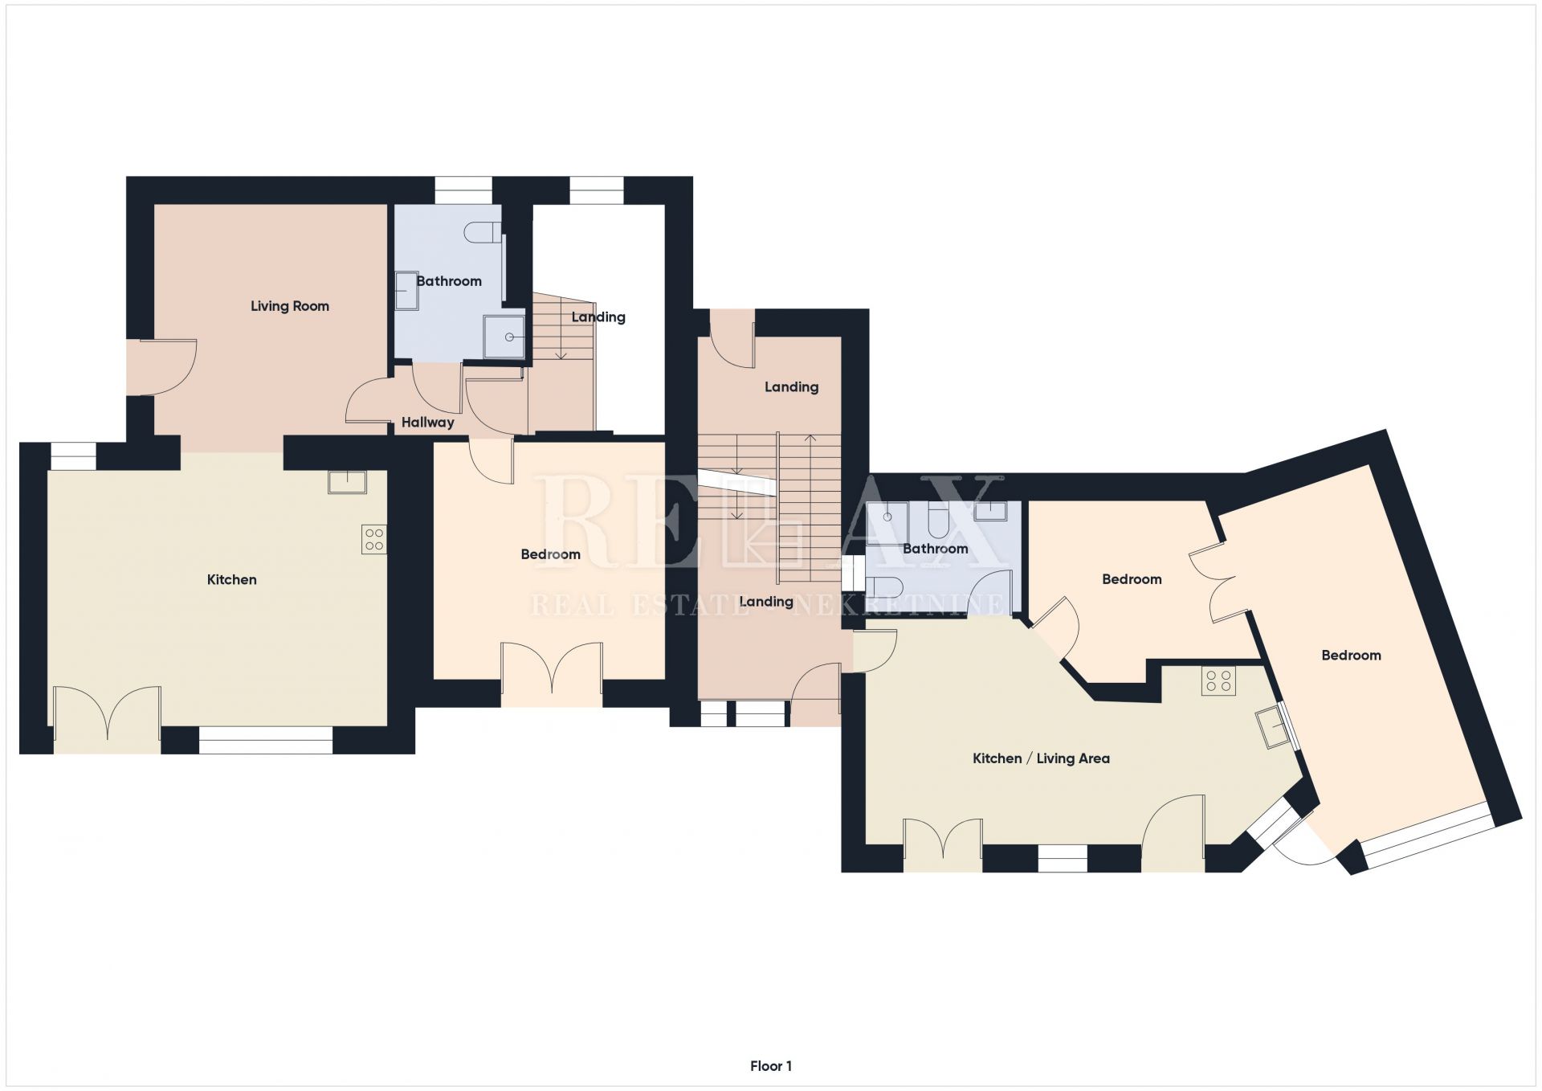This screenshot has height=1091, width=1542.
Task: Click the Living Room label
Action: click(x=290, y=306)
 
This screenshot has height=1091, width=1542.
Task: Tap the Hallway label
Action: click(x=427, y=423)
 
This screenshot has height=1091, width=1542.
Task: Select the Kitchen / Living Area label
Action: click(x=1041, y=758)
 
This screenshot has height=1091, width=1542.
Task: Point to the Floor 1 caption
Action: click(x=771, y=1066)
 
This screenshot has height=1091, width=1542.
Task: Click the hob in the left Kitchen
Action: click(x=374, y=539)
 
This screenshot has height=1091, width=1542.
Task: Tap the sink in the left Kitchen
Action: click(x=347, y=482)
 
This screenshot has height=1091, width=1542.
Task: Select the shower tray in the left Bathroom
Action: click(x=504, y=337)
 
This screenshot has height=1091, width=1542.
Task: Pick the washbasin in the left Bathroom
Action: click(x=406, y=290)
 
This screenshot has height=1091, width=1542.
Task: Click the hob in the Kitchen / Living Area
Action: click(x=1218, y=681)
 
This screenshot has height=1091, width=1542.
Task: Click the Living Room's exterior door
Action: click(x=161, y=367)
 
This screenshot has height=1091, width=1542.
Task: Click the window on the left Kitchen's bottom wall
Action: click(x=266, y=740)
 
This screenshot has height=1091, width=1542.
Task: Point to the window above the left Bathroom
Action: click(x=463, y=190)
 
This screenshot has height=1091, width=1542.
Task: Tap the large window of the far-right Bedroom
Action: click(x=1429, y=836)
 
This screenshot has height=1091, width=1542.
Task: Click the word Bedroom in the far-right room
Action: click(x=1351, y=656)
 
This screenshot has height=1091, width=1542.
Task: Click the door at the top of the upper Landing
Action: click(x=732, y=338)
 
